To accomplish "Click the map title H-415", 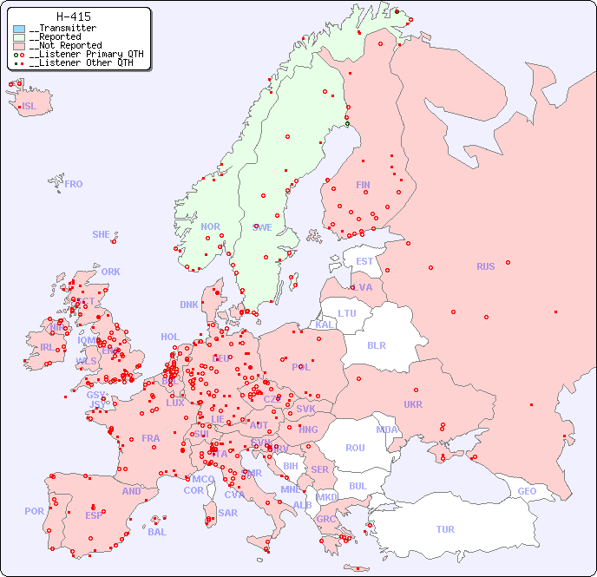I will point(73,16).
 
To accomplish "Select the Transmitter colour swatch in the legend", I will point(19,29).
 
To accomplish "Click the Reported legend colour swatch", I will point(19,37).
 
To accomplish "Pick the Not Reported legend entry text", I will point(65,46).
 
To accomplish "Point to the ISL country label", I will point(30,107).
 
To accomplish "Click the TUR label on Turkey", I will point(445,529).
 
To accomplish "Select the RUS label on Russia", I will point(485,266).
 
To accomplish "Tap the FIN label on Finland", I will point(363,185).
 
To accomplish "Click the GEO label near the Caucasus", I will point(527,491).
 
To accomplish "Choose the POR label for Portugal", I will point(34,511).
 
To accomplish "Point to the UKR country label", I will point(413,404).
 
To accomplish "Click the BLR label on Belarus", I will point(377,344).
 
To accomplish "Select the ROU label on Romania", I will point(355,448).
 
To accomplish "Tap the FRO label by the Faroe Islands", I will point(74,184).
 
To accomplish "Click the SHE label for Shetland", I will point(102,234).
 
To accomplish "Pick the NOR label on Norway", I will point(210,226).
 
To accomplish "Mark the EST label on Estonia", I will point(364,261).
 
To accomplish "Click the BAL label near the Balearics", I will point(157,532).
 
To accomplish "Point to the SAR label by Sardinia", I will point(227,513).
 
